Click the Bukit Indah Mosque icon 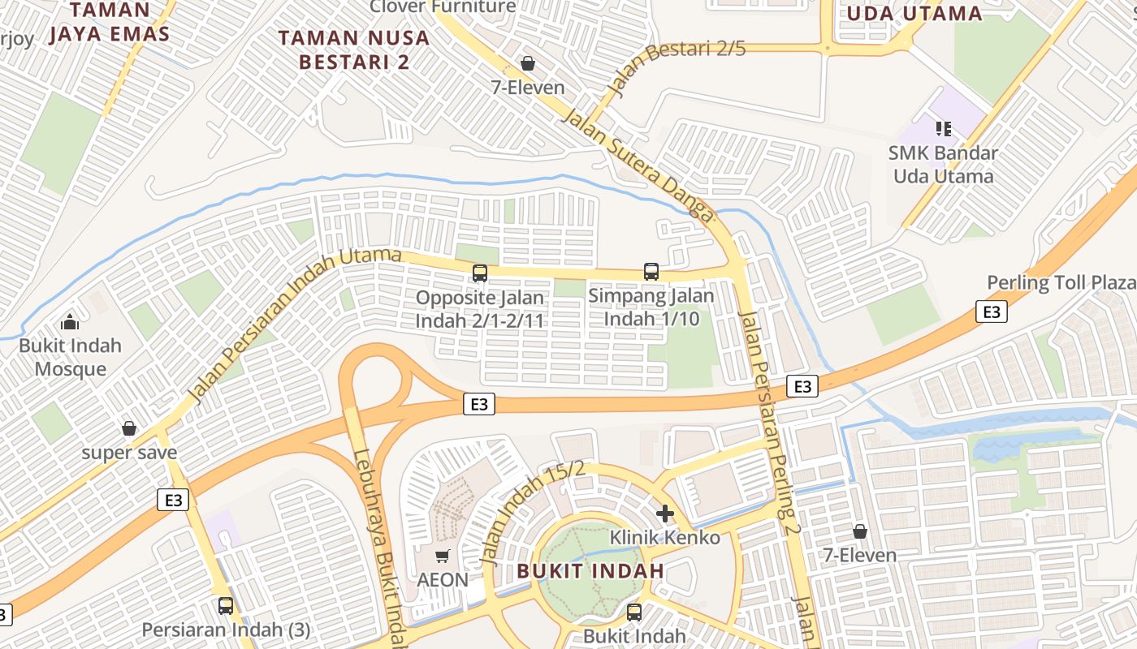(70, 322)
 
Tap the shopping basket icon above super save (128, 428)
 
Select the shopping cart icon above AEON (442, 557)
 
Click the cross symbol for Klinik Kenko (665, 514)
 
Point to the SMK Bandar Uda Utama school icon (943, 128)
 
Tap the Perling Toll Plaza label (1061, 282)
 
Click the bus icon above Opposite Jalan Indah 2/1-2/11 (480, 273)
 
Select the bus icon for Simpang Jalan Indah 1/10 (651, 271)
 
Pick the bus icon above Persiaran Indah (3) (225, 606)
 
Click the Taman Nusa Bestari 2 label (354, 49)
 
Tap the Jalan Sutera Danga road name (638, 163)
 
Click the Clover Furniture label (443, 7)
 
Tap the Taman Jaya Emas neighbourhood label (110, 22)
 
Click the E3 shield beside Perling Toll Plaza (991, 312)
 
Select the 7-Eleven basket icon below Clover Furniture (528, 63)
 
